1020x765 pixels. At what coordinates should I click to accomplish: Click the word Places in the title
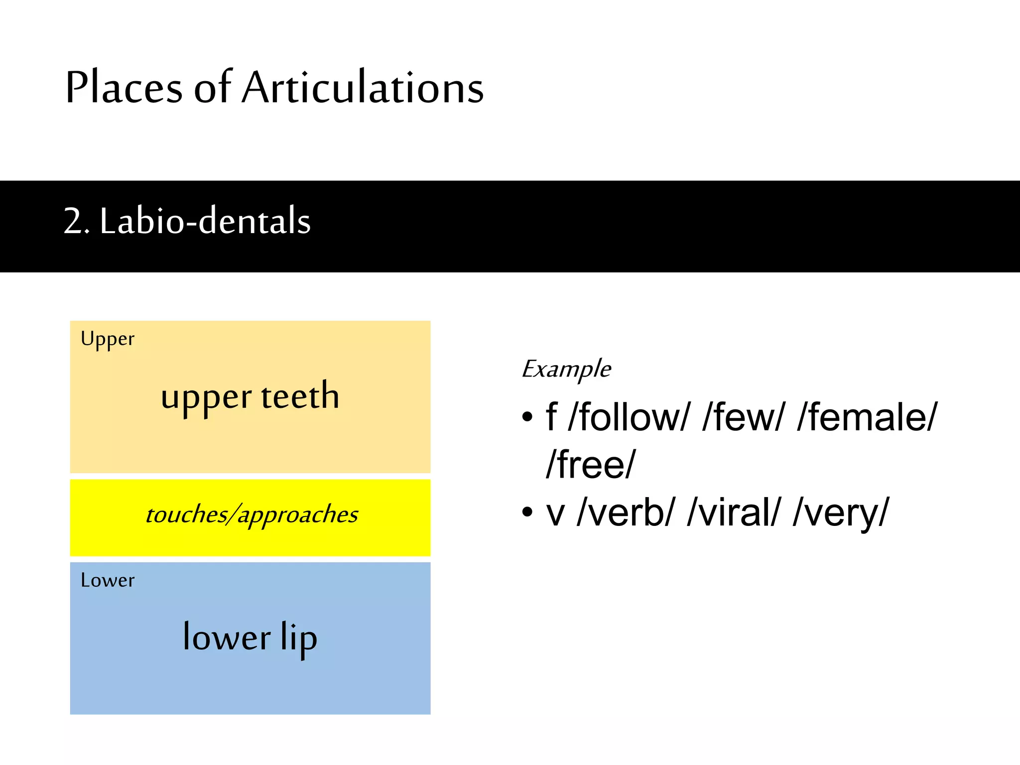pos(124,88)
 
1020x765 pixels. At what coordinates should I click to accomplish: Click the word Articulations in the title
pos(363,88)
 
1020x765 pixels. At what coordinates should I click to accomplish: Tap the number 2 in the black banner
pos(74,221)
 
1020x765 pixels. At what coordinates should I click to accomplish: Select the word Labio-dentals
pos(205,221)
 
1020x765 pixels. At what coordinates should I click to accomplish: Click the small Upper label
pos(108,339)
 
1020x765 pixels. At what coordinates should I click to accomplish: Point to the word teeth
pos(300,396)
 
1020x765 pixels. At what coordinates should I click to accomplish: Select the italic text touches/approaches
pos(252,515)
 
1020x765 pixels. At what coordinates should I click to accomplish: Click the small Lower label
pos(108,580)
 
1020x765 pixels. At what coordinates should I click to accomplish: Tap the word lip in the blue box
pos(298,638)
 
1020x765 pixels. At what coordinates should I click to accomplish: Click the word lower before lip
pos(227,638)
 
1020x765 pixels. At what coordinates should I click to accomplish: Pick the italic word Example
pos(566,370)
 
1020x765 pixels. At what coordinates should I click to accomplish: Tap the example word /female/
pos(867,417)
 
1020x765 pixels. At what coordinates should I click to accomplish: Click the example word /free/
pos(591,465)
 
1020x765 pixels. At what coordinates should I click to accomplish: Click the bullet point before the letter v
pos(527,512)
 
